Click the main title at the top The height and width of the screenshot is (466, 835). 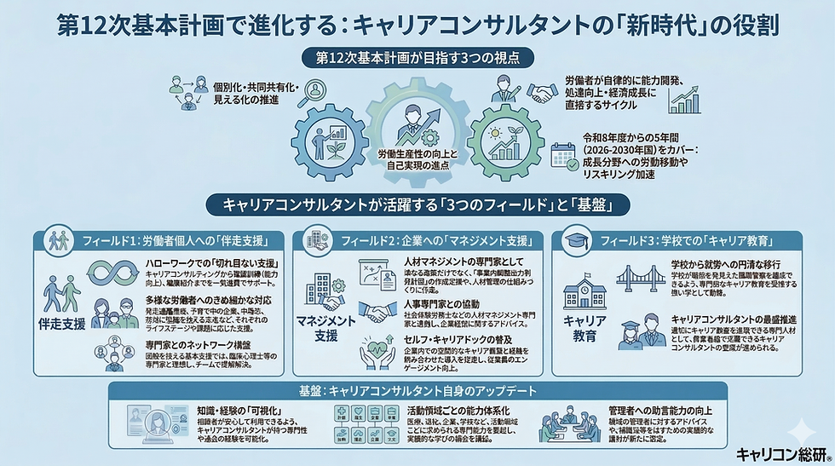click(x=417, y=23)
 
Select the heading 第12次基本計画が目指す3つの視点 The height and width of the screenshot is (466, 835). click(x=417, y=59)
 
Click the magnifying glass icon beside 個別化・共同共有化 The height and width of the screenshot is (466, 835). click(x=317, y=90)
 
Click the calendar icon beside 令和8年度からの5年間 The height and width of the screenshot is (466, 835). click(x=564, y=154)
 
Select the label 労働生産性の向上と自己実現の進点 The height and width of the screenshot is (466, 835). click(x=417, y=159)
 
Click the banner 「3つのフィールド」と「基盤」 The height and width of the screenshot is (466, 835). click(x=417, y=205)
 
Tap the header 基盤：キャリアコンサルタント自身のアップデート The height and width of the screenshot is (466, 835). click(x=417, y=391)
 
